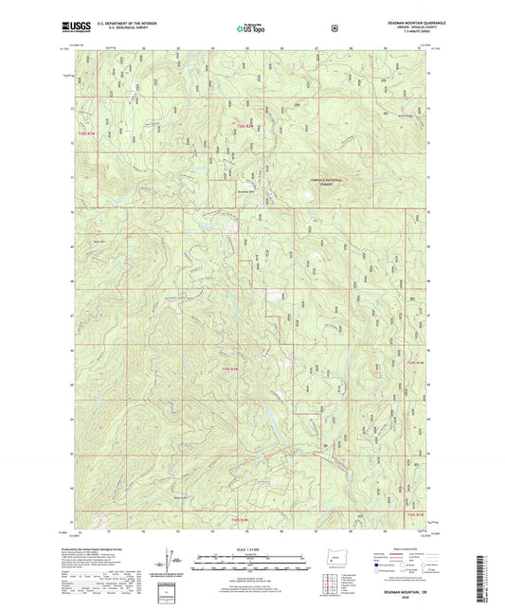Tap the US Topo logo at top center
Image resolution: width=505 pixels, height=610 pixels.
click(x=252, y=28)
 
